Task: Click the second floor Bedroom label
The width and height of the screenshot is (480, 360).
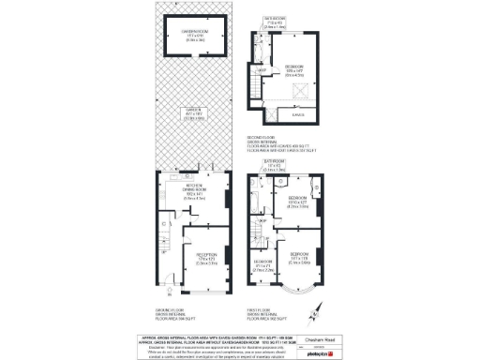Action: click(x=292, y=69)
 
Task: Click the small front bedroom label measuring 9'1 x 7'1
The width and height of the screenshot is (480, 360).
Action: click(x=263, y=265)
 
